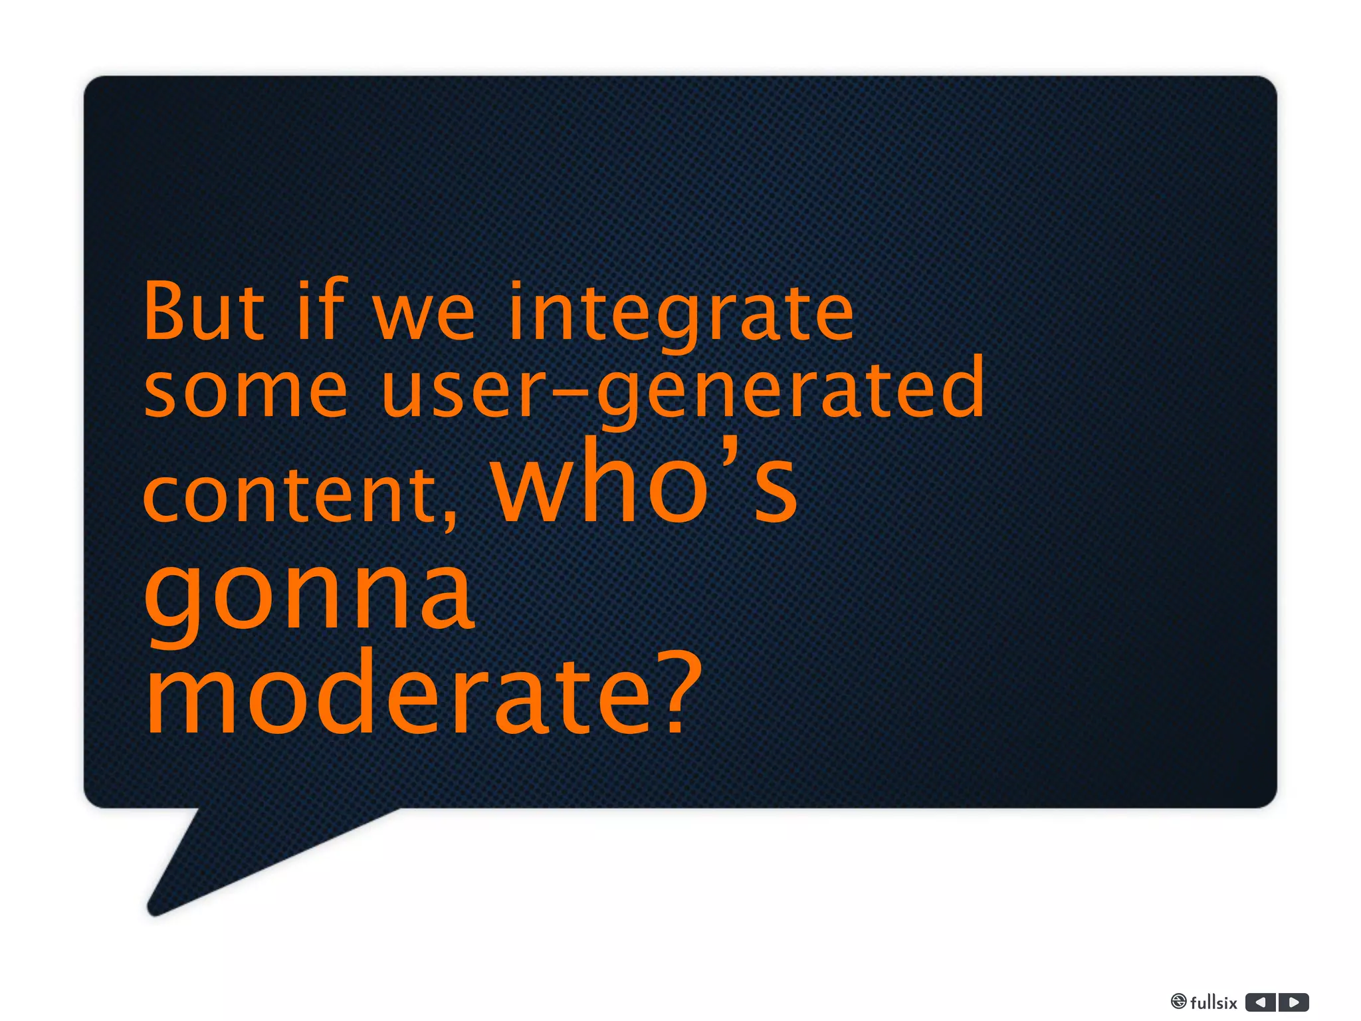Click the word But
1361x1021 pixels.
tap(204, 311)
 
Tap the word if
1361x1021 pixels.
tap(322, 310)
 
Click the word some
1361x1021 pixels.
tap(246, 392)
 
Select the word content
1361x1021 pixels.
tap(289, 495)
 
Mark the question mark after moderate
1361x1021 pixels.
tap(683, 695)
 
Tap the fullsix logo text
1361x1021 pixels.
tap(1213, 1002)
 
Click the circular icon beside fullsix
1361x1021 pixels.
tap(1178, 1002)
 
